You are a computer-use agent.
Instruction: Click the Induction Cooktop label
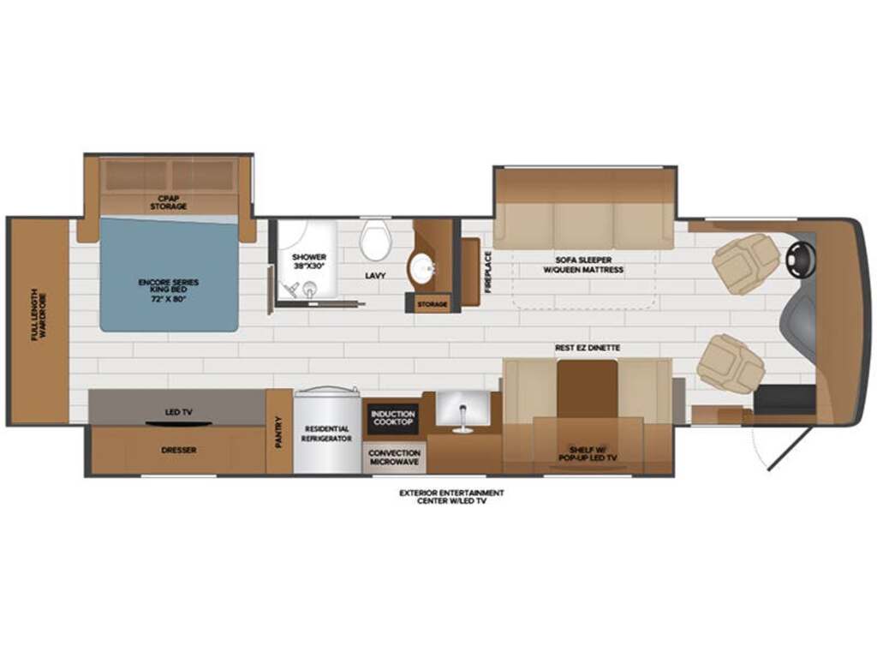[393, 417]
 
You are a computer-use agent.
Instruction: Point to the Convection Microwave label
[394, 458]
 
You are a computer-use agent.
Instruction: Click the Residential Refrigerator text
[326, 434]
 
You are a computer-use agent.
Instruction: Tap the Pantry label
[279, 433]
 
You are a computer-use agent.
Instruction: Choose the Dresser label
[178, 450]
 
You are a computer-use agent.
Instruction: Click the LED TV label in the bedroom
[178, 412]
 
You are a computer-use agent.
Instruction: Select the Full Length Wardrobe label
[39, 315]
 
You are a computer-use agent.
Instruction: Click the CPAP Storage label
[169, 202]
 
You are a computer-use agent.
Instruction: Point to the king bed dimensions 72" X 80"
[169, 299]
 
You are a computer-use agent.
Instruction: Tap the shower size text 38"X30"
[309, 266]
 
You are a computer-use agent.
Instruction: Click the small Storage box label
[433, 304]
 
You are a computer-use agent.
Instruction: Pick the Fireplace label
[487, 272]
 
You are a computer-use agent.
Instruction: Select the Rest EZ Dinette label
[588, 348]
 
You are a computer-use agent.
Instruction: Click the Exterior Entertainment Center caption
[451, 497]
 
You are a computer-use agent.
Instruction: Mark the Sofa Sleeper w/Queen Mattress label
[583, 265]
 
